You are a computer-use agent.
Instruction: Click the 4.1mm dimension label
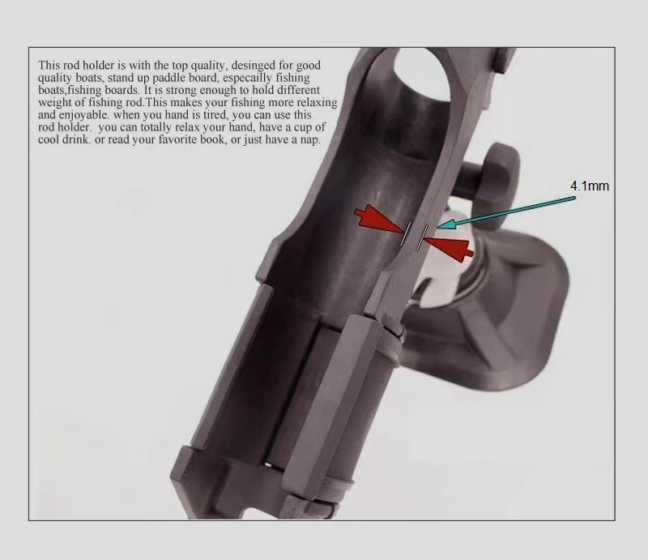point(589,186)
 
